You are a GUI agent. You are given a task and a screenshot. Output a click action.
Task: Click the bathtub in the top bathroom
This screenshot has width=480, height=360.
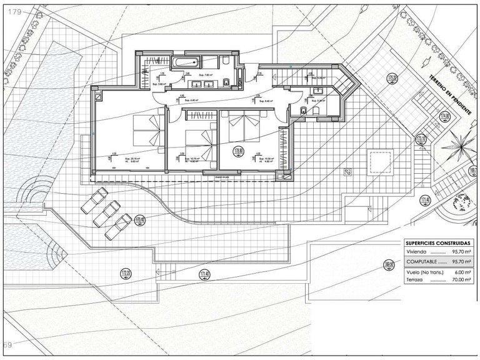(185, 61)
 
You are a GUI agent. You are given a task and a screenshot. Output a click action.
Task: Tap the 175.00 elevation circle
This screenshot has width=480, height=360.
(392, 79)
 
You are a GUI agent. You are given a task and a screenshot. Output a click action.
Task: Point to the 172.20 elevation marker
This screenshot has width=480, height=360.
(126, 273)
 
